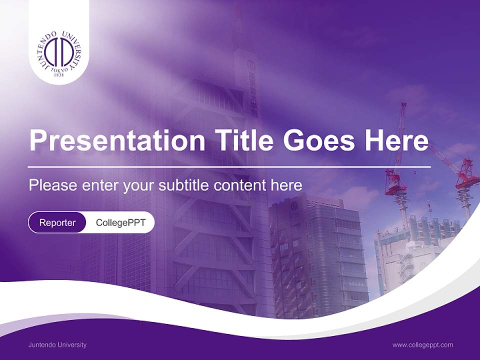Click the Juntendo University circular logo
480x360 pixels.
(x=59, y=53)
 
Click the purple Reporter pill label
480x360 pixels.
(x=57, y=222)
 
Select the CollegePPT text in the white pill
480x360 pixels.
(x=120, y=222)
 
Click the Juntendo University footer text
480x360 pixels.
(x=57, y=344)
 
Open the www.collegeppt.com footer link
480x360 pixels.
(x=422, y=344)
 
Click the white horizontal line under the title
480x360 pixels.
(x=229, y=166)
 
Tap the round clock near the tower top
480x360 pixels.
(x=251, y=65)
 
